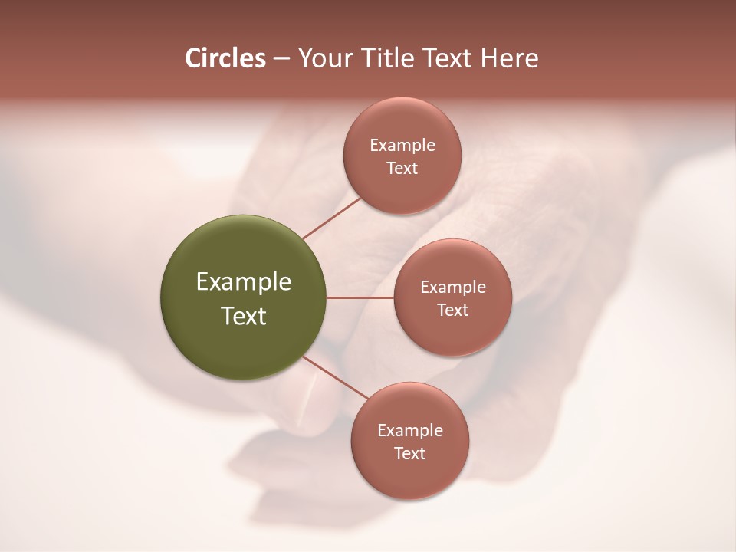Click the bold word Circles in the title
225,58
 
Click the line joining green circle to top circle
332,219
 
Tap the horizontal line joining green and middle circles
360,297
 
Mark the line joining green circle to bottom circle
335,378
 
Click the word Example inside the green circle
244,282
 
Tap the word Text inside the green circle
244,316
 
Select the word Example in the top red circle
402,146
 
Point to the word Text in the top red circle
402,169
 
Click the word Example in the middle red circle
453,287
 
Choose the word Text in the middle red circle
453,310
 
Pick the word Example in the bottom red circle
410,431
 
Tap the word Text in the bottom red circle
410,454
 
